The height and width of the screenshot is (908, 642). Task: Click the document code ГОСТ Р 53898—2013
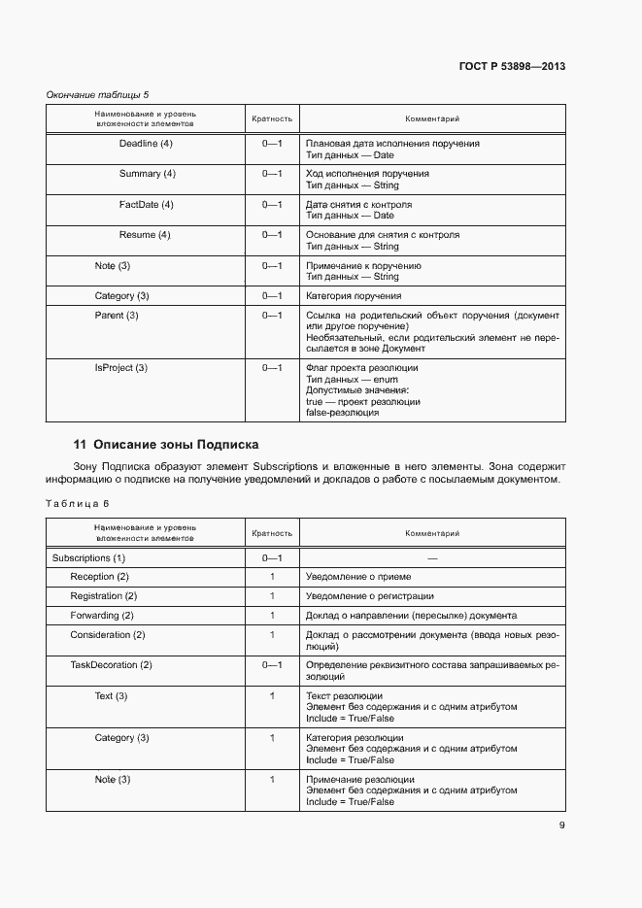click(512, 67)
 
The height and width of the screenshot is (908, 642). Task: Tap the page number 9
click(561, 825)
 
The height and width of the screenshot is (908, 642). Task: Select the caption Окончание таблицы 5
click(98, 94)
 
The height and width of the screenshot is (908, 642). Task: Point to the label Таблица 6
click(79, 503)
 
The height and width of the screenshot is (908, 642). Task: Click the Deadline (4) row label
click(146, 144)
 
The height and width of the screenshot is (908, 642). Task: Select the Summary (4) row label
click(147, 174)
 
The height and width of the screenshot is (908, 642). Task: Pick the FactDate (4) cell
click(146, 205)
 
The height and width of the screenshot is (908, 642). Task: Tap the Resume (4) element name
click(145, 235)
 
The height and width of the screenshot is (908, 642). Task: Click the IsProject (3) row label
click(120, 368)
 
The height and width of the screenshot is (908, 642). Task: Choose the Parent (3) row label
click(117, 316)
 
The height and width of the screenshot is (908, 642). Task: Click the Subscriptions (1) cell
click(88, 558)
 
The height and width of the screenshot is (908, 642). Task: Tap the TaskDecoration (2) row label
click(111, 665)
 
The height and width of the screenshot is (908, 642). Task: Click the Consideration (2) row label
click(107, 635)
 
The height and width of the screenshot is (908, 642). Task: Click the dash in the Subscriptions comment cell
click(432, 559)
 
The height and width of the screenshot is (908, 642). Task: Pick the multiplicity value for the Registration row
click(272, 596)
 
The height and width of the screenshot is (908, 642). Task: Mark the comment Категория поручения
click(354, 296)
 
